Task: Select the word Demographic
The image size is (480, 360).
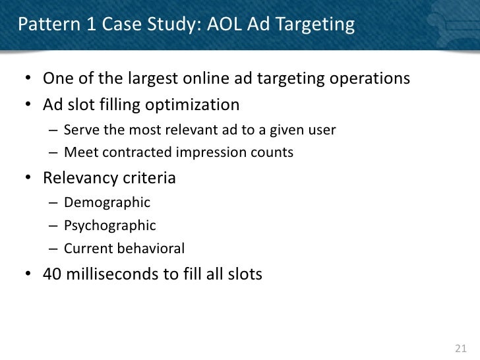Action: pos(107,202)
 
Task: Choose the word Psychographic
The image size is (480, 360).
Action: pos(110,225)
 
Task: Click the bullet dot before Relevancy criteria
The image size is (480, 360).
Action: pos(30,179)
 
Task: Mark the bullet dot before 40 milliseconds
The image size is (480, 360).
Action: pos(30,274)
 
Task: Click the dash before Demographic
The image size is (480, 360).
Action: pos(53,202)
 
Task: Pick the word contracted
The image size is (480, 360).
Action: pos(139,152)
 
